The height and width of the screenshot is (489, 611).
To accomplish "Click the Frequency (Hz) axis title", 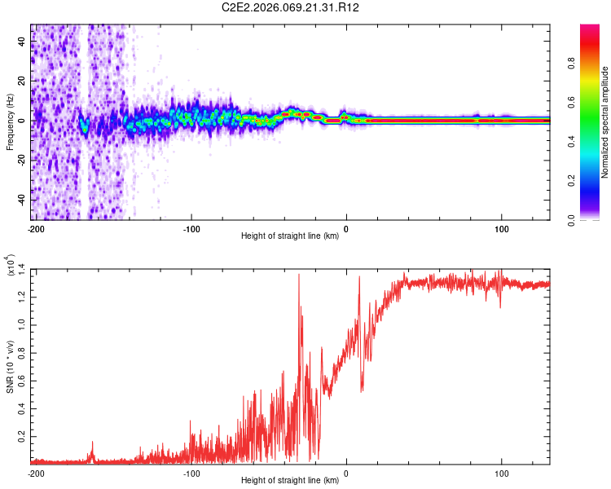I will (x=10, y=122).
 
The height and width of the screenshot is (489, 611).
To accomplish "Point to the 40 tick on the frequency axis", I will (x=24, y=42).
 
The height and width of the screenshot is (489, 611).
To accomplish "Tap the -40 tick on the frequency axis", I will (x=24, y=200).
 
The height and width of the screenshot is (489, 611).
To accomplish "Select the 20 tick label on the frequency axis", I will (x=24, y=81).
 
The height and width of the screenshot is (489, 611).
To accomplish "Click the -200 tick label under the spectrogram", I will (x=36, y=227).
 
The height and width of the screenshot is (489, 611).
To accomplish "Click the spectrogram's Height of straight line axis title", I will (x=290, y=237).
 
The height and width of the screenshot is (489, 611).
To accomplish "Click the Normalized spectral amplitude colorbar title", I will (x=604, y=122).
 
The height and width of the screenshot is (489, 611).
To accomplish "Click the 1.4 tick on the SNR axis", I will (x=22, y=269).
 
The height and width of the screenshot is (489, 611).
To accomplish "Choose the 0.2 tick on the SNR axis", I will (x=22, y=437).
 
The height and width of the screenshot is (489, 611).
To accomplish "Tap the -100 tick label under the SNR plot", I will (x=191, y=474).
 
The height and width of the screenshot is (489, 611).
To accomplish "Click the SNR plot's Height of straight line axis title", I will (x=290, y=482).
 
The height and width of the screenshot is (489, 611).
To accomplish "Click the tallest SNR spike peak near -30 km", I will (x=299, y=275).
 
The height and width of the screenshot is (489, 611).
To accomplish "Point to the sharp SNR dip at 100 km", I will (x=500, y=307).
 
